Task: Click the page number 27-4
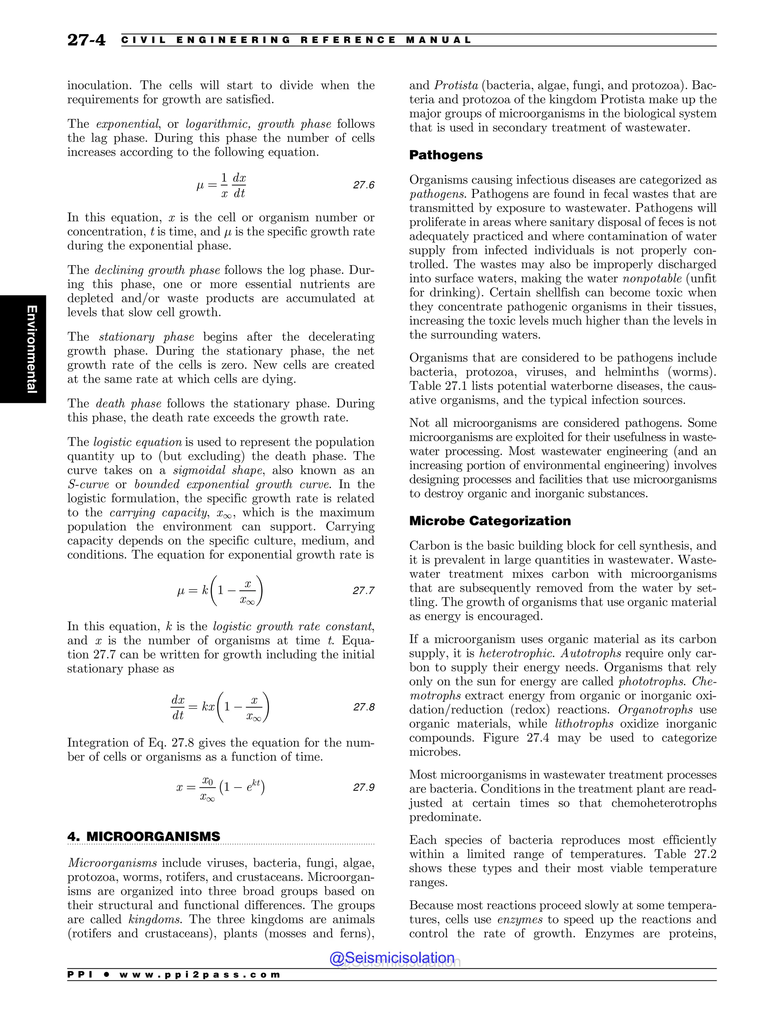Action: click(x=87, y=40)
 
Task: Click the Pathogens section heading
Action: click(x=446, y=155)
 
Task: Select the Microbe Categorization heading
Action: click(x=490, y=521)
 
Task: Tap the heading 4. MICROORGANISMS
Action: click(x=144, y=836)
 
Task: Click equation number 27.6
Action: click(x=363, y=185)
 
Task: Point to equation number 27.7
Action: click(x=363, y=590)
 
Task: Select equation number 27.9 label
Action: click(x=363, y=787)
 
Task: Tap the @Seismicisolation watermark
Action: click(x=392, y=958)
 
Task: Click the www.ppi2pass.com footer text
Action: click(x=200, y=975)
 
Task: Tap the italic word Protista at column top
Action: click(x=456, y=85)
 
